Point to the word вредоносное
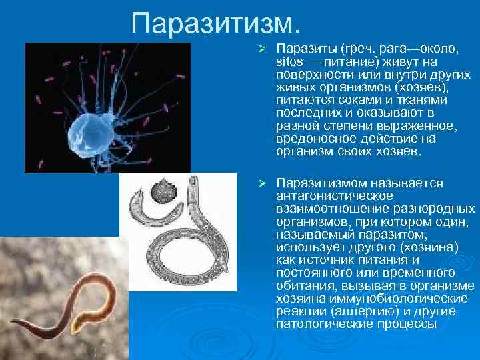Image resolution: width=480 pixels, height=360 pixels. click(311, 139)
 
